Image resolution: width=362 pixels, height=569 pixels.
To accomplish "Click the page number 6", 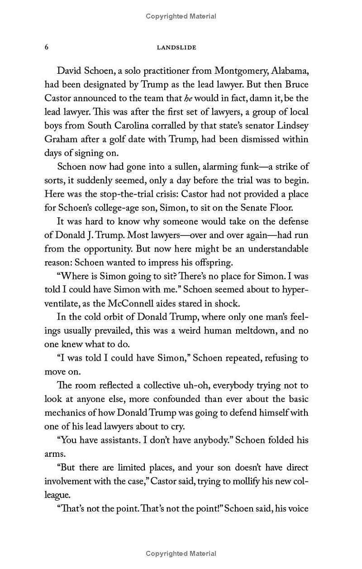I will pyautogui.click(x=47, y=47).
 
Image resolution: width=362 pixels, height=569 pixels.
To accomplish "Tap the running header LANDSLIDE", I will pyautogui.click(x=176, y=48).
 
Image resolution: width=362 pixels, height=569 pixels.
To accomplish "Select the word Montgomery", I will pyautogui.click(x=242, y=71).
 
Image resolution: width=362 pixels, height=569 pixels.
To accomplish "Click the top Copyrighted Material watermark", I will pyautogui.click(x=181, y=16).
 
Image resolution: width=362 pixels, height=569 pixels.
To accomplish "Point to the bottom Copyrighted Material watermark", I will pyautogui.click(x=181, y=553).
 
